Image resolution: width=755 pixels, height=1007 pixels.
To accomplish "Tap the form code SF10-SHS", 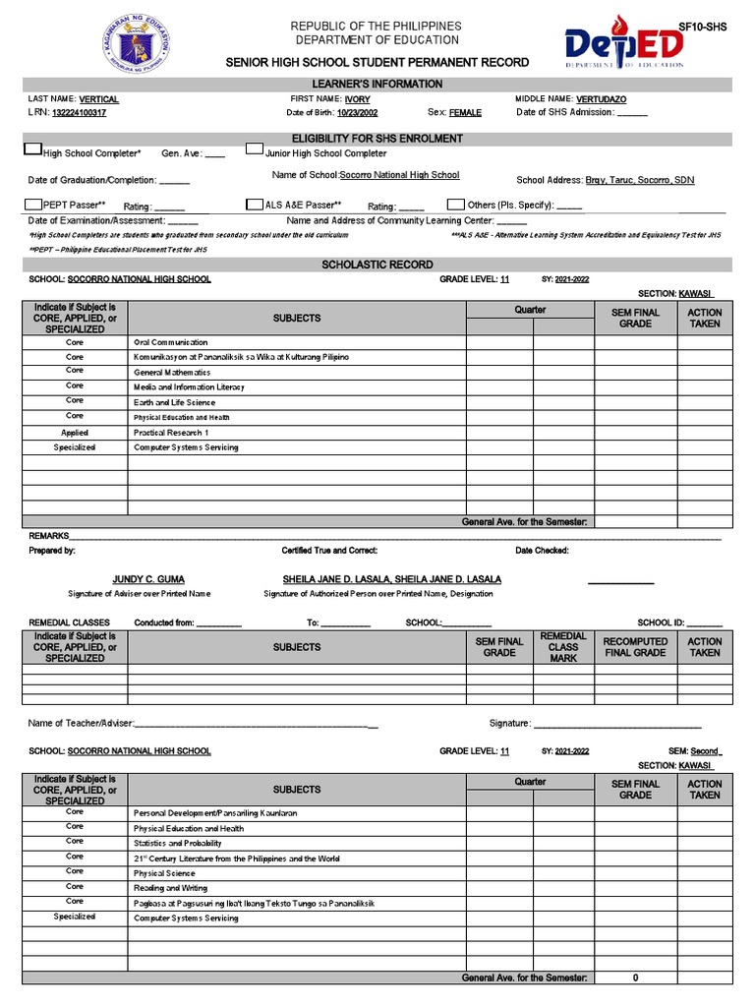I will point(702,29).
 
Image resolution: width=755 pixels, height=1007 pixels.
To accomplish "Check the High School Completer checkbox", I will point(32,150).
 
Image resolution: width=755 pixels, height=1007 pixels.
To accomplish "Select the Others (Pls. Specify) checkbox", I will point(455,204).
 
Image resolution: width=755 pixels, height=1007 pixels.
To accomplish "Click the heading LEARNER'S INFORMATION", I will point(377,85).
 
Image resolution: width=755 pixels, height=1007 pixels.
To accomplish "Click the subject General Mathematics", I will point(172,373).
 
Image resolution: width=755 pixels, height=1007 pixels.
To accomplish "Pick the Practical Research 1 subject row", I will point(171,433).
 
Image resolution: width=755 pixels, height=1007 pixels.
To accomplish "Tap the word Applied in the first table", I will point(75,433).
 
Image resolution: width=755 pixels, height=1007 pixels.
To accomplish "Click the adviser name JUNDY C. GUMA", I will point(148,579).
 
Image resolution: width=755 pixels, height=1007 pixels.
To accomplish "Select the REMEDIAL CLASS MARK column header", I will point(563,647).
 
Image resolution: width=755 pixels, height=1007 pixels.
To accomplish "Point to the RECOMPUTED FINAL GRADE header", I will point(635,647).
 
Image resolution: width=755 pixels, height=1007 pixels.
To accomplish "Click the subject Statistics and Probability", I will point(178,844).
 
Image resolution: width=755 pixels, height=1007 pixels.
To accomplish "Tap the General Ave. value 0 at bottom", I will point(635,978).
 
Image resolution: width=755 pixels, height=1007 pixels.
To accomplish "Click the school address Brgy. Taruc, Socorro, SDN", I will point(640,181).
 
